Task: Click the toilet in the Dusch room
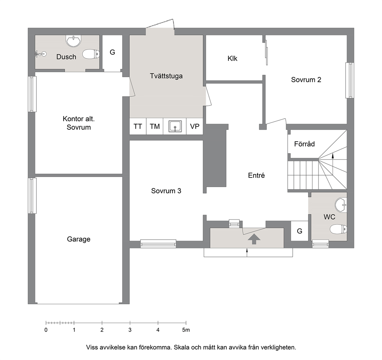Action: tap(91, 54)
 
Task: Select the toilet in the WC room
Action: tap(338, 229)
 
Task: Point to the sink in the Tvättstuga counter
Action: tap(175, 126)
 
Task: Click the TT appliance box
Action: tap(138, 126)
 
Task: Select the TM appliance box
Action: tap(155, 126)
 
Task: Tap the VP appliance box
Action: tap(194, 126)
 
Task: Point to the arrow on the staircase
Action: tap(333, 156)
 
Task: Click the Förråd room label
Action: tap(304, 144)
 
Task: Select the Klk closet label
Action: tap(233, 59)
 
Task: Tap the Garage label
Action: tap(79, 239)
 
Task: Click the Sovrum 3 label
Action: tap(166, 191)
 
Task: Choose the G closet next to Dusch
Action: tap(112, 54)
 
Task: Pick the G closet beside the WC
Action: tap(300, 231)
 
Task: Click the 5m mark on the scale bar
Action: tap(186, 323)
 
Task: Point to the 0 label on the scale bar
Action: tap(46, 330)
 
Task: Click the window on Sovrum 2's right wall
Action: tap(350, 80)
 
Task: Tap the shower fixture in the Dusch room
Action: tap(40, 54)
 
